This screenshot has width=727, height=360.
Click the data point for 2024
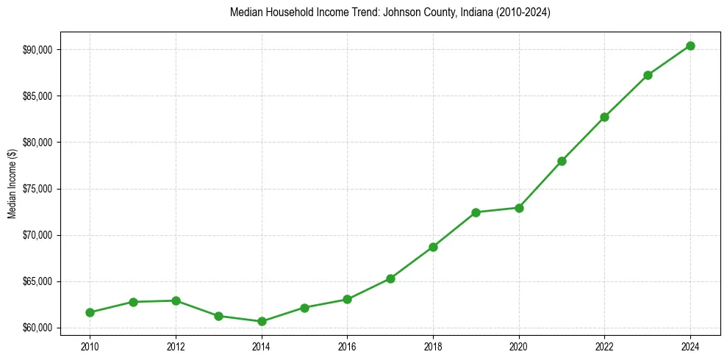690,46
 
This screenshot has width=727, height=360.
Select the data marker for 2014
262,321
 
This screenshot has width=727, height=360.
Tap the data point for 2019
476,212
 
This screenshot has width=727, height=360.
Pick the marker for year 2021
562,161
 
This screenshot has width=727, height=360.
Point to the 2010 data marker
90,312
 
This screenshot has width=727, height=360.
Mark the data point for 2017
390,278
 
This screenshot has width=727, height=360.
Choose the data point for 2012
176,300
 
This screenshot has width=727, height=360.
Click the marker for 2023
648,75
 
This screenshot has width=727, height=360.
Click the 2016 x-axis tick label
347,346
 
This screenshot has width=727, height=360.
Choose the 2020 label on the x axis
519,346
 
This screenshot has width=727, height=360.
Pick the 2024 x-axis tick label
690,346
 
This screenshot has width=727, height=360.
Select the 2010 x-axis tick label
90,346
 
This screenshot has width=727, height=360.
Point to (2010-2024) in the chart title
523,12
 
